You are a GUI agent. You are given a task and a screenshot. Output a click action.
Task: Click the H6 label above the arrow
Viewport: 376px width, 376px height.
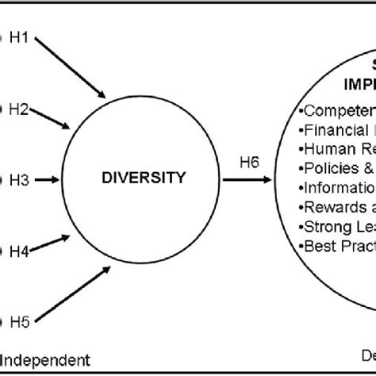(249, 163)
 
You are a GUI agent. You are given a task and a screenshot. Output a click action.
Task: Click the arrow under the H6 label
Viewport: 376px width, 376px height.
(249, 180)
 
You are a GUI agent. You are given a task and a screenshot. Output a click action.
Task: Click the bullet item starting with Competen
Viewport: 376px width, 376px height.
(334, 110)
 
